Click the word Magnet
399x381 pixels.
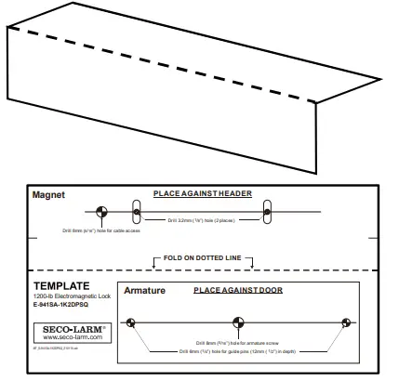[47, 196]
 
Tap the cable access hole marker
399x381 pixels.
[101, 213]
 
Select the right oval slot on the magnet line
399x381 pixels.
[267, 213]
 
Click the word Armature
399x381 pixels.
[144, 291]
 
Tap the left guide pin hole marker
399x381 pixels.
[132, 323]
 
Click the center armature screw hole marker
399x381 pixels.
[238, 323]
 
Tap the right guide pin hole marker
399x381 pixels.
[346, 323]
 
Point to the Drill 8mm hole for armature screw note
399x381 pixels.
[237, 342]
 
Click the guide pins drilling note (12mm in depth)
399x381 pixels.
[237, 351]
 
